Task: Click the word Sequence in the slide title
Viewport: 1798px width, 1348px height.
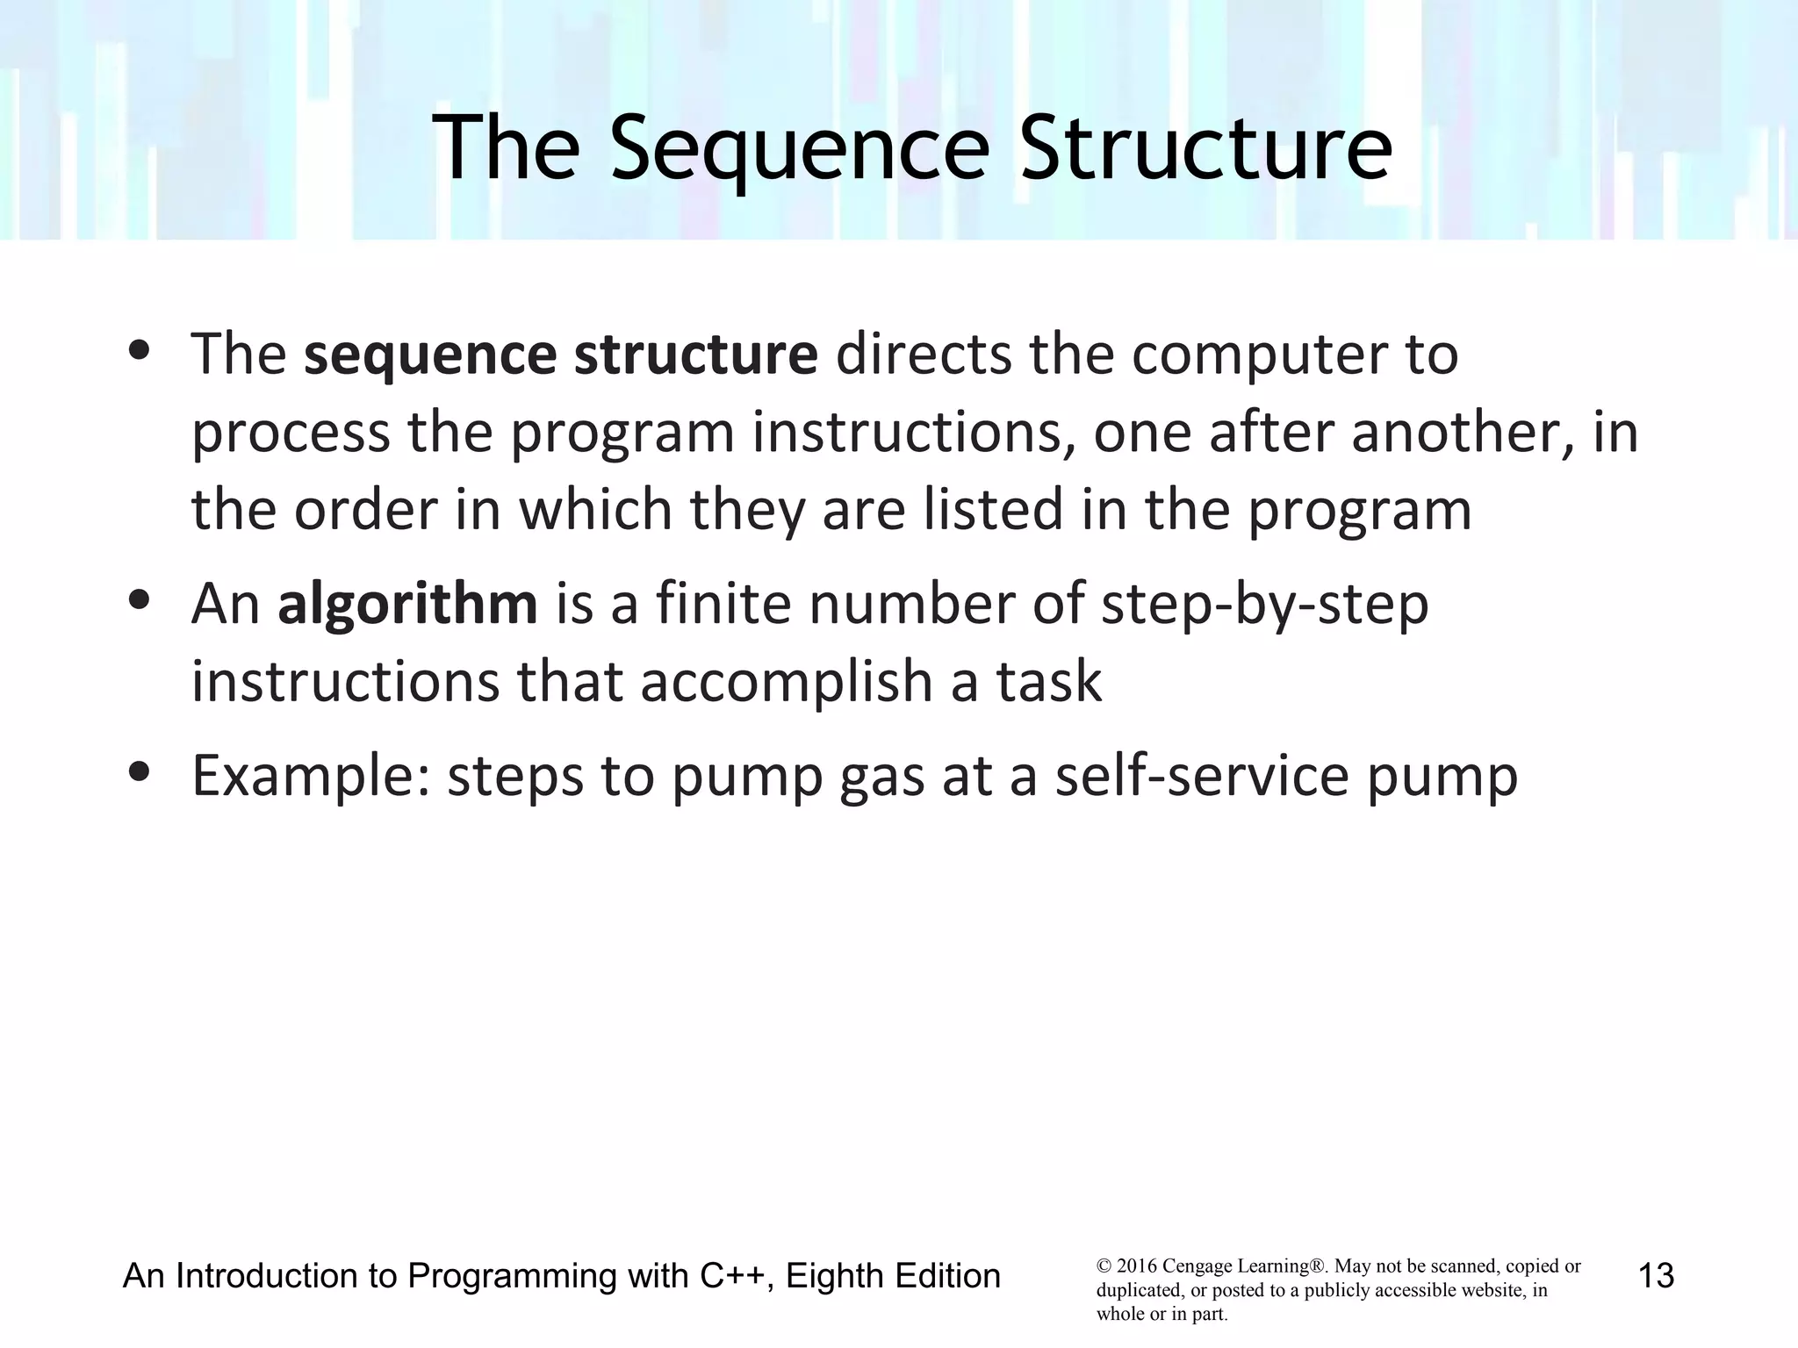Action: (x=799, y=149)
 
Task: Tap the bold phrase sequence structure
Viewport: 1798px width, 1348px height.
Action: (x=560, y=355)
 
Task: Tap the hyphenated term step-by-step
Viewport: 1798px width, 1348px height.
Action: (x=1264, y=606)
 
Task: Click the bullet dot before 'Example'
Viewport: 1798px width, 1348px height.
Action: (x=139, y=773)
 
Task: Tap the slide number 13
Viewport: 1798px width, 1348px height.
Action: (x=1656, y=1275)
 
